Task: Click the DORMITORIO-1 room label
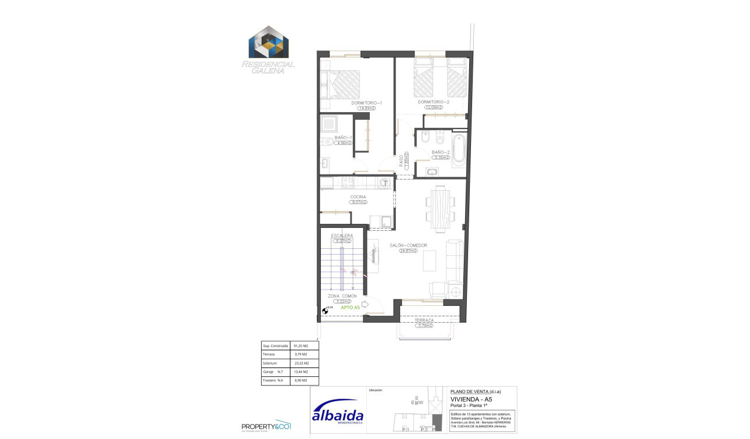click(366, 103)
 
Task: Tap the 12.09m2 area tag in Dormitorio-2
click(433, 108)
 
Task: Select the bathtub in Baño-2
click(459, 148)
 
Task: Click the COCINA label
click(358, 197)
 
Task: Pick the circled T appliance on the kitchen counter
click(384, 183)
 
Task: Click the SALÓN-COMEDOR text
click(408, 245)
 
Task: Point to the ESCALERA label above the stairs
click(342, 235)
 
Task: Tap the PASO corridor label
click(401, 162)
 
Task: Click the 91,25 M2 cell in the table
click(301, 345)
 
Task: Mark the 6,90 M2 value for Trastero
click(301, 380)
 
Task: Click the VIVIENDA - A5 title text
click(472, 399)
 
